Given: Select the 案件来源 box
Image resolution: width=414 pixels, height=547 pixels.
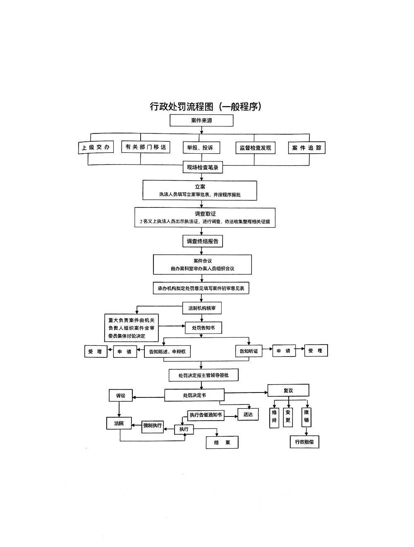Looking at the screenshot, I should tap(201, 121).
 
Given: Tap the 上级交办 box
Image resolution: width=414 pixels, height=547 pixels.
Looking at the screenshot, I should tap(96, 147).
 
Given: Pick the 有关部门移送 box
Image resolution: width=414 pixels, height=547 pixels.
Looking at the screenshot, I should tap(146, 147).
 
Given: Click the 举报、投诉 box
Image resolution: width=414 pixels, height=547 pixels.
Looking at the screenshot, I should tap(201, 147).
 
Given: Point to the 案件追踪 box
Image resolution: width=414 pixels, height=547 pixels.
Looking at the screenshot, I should tap(306, 148).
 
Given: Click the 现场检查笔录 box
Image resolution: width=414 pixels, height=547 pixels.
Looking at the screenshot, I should tap(203, 167).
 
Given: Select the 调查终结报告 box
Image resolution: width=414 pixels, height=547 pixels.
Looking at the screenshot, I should tap(202, 241).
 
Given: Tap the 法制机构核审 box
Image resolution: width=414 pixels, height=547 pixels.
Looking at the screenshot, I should tap(202, 308).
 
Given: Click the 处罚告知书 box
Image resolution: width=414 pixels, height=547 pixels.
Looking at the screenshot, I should tap(203, 328).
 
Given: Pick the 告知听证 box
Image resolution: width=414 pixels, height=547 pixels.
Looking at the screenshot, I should tap(249, 351).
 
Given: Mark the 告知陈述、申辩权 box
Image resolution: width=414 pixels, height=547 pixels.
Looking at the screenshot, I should tap(167, 352).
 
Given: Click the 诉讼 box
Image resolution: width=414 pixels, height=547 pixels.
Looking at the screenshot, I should tap(120, 395).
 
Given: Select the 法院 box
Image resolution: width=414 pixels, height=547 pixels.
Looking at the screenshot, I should tap(119, 423).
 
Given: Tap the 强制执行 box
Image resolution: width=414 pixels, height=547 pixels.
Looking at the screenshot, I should tap(153, 426).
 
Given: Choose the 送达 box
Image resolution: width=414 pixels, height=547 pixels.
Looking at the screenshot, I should tap(248, 414).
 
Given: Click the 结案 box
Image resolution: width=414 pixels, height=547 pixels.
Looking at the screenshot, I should tap(222, 442).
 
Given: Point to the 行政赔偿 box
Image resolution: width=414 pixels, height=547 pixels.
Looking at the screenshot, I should tap(304, 442).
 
